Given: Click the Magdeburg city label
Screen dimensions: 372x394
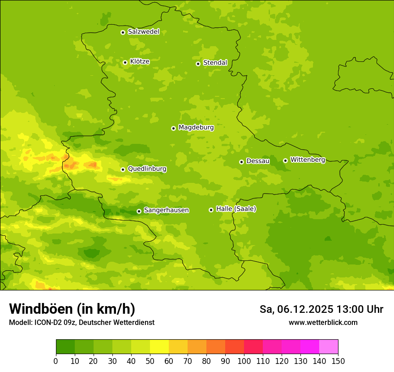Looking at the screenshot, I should (196, 128).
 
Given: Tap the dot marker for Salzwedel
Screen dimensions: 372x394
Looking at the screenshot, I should (123, 32).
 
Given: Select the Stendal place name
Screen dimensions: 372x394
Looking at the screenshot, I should (215, 63).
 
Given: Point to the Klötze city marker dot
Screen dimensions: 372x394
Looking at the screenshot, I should (125, 62).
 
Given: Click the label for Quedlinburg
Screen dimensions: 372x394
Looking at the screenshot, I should (147, 169).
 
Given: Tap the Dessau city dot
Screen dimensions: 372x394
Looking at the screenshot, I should (241, 162).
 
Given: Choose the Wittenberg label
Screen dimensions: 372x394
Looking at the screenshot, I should (308, 160).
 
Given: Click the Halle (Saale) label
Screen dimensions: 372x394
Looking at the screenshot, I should (236, 209).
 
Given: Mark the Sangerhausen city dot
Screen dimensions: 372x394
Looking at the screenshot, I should (139, 211).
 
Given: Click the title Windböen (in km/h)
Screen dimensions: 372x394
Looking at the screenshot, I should (72, 309).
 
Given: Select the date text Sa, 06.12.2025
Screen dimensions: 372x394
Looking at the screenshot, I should (296, 309).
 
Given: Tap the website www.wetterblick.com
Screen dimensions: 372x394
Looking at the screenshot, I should (323, 322).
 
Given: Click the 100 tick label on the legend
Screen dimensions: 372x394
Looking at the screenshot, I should (244, 361).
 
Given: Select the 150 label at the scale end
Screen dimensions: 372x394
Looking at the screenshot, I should (338, 361).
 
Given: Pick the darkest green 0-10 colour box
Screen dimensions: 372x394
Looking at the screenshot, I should (65, 347).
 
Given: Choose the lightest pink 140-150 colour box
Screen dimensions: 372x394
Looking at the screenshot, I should (329, 347).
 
